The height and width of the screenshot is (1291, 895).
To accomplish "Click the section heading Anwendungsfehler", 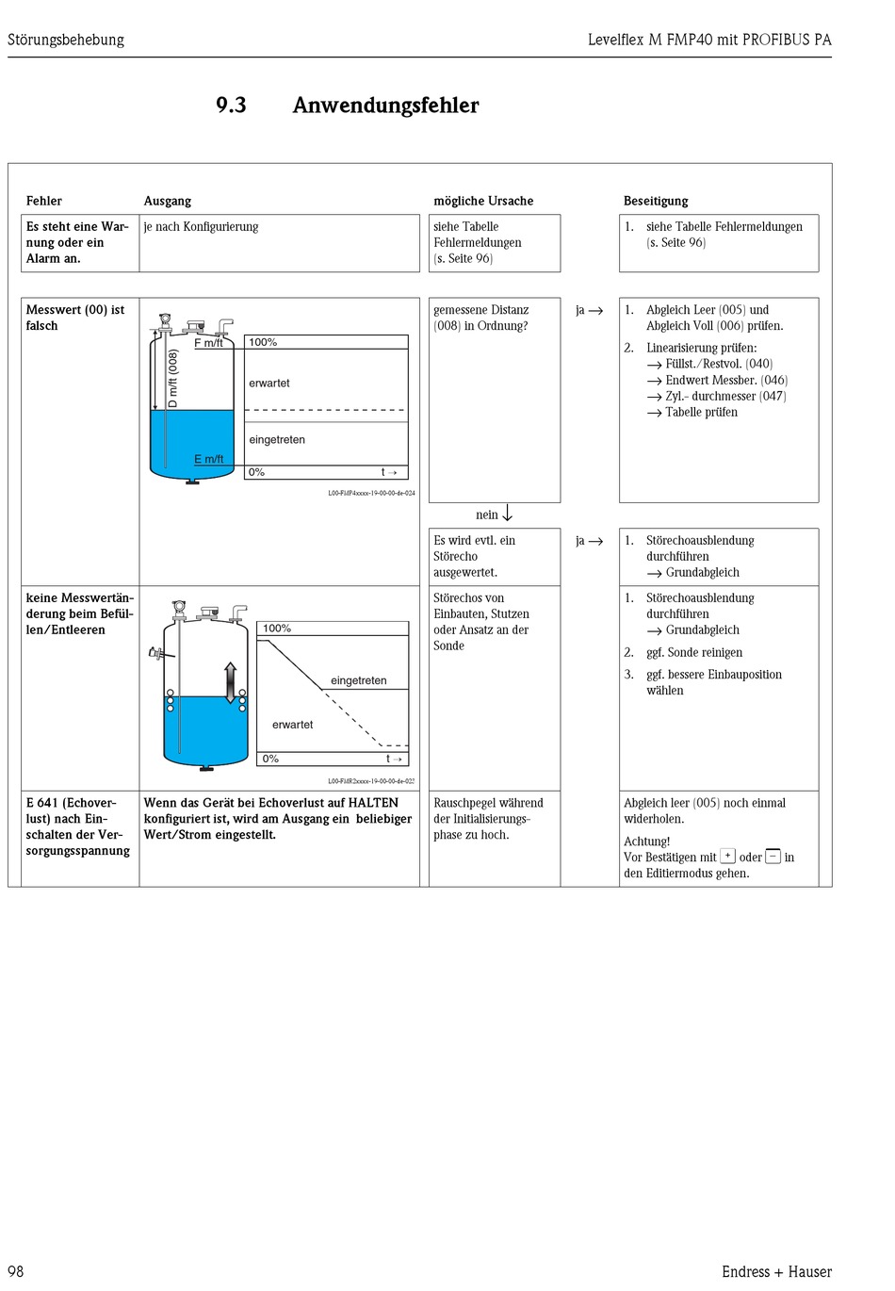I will [x=385, y=106].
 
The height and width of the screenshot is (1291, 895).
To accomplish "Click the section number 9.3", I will [x=231, y=106].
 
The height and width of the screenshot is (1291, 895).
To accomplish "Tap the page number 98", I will [x=15, y=1271].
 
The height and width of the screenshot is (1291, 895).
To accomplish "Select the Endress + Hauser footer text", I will [x=776, y=1271].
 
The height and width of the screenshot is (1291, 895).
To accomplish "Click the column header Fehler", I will [x=44, y=201].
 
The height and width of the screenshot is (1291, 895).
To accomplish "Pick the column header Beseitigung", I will [x=656, y=201].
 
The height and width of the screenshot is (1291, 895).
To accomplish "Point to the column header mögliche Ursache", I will [x=483, y=201].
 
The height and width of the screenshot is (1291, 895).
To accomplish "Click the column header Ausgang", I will [x=168, y=201].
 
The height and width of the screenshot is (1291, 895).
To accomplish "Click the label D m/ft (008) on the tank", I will [x=172, y=379].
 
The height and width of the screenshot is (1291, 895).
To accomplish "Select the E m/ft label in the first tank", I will [x=209, y=459].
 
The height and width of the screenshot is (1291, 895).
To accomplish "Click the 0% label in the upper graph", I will [x=256, y=472].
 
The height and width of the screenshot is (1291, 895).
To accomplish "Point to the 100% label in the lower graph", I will [x=277, y=628].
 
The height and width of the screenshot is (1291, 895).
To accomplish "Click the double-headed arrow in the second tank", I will [x=229, y=682].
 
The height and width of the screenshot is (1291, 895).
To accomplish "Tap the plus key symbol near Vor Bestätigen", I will [x=727, y=857].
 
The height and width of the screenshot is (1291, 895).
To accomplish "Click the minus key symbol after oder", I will [x=773, y=857].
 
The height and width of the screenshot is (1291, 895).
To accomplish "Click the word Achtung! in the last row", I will [x=647, y=842].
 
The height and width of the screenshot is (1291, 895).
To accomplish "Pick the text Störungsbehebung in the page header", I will [x=66, y=40].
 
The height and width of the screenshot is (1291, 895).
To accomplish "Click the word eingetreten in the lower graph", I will [x=358, y=680].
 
